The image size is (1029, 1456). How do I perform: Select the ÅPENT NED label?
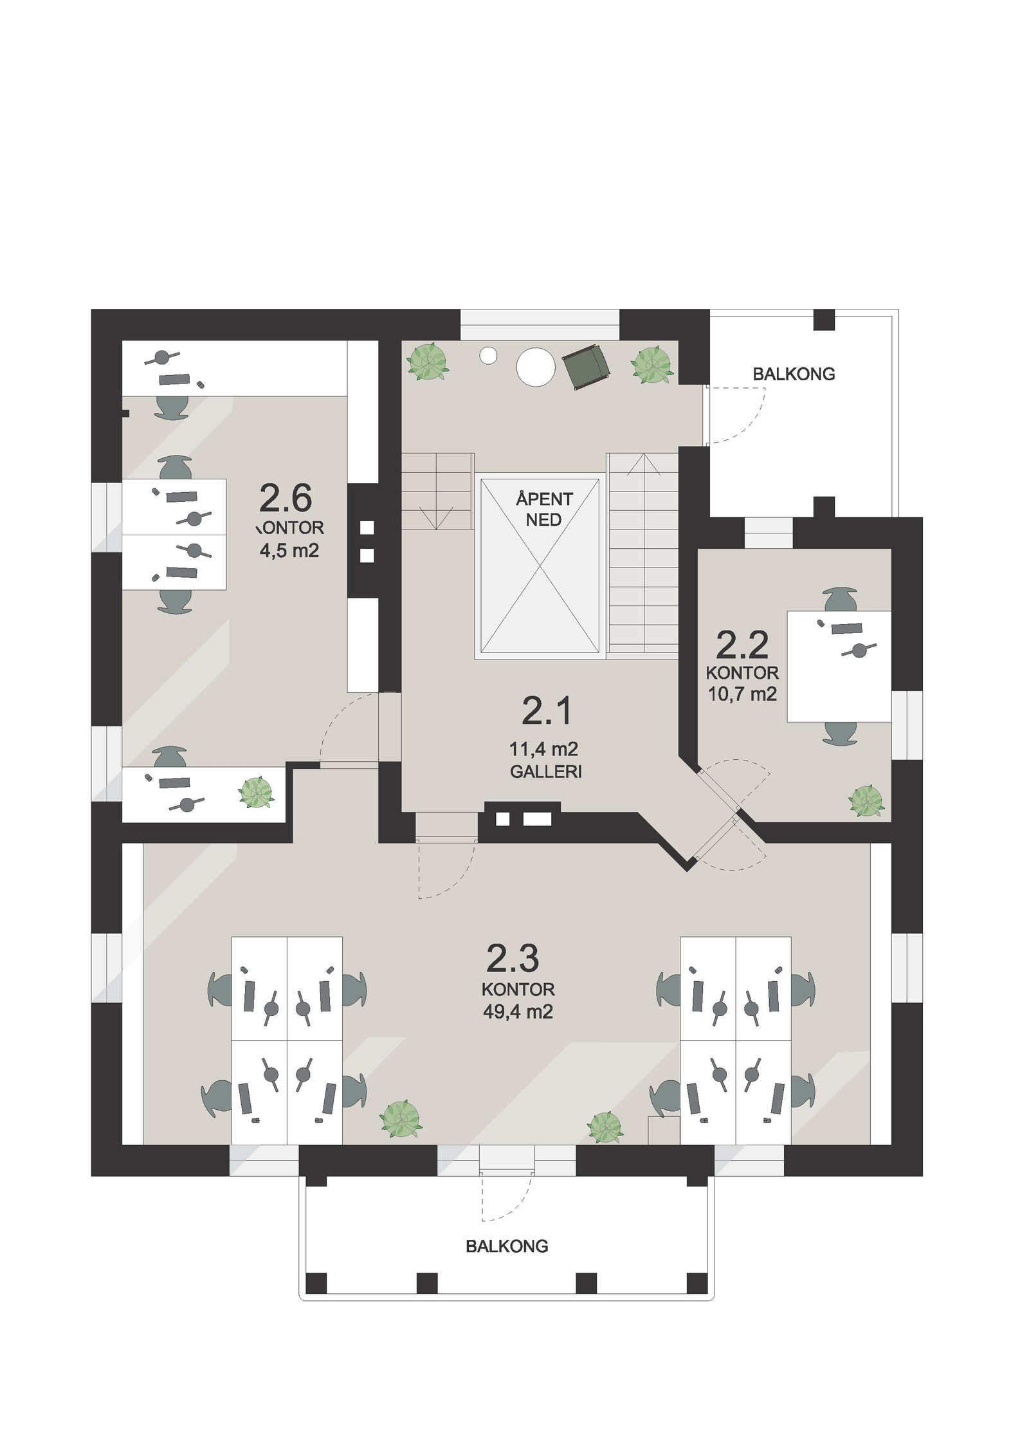tap(543, 509)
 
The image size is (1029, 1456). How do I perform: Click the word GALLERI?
tap(545, 771)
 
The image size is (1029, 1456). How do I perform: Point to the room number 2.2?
tap(742, 645)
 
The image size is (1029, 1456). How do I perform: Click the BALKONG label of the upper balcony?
tap(794, 374)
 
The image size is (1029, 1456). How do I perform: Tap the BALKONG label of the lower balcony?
tap(506, 1246)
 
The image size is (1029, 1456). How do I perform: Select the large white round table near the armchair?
tap(535, 366)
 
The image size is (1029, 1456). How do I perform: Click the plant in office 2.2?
tap(866, 801)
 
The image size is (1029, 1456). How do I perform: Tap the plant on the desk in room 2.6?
tap(257, 793)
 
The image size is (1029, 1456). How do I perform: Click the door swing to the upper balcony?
tap(740, 417)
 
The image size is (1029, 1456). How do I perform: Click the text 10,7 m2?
tap(742, 694)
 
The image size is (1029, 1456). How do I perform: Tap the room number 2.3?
tap(512, 958)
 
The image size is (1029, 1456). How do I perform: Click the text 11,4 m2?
tap(543, 749)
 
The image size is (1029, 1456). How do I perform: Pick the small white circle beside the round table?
tap(489, 355)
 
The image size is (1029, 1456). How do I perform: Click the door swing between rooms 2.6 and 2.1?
tap(341, 730)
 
